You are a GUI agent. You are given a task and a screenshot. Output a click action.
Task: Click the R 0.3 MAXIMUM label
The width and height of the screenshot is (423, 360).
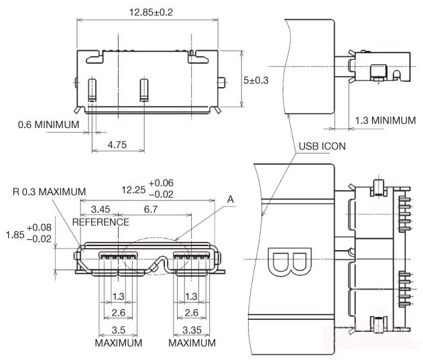click(x=49, y=192)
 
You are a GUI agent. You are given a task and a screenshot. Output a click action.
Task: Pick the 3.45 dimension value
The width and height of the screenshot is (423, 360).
click(x=101, y=210)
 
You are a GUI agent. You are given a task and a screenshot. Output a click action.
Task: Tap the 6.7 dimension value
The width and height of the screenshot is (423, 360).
click(x=151, y=210)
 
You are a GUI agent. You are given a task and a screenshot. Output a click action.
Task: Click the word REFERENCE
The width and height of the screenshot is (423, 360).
click(x=101, y=222)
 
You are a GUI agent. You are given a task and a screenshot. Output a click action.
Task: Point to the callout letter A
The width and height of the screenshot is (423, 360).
click(x=231, y=199)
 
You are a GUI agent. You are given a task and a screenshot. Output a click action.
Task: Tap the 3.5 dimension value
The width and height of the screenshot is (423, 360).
click(x=118, y=330)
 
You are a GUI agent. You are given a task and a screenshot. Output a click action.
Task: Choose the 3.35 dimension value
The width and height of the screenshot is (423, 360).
click(x=191, y=330)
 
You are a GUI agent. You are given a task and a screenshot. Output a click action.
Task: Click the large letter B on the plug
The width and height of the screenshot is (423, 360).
click(x=289, y=263)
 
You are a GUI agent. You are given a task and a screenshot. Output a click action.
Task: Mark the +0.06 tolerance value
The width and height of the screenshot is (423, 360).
click(x=161, y=183)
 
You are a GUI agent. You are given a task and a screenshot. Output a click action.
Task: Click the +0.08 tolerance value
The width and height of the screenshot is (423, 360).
click(x=42, y=228)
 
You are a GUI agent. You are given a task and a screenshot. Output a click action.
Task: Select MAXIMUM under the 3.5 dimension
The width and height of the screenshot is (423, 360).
click(x=118, y=343)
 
